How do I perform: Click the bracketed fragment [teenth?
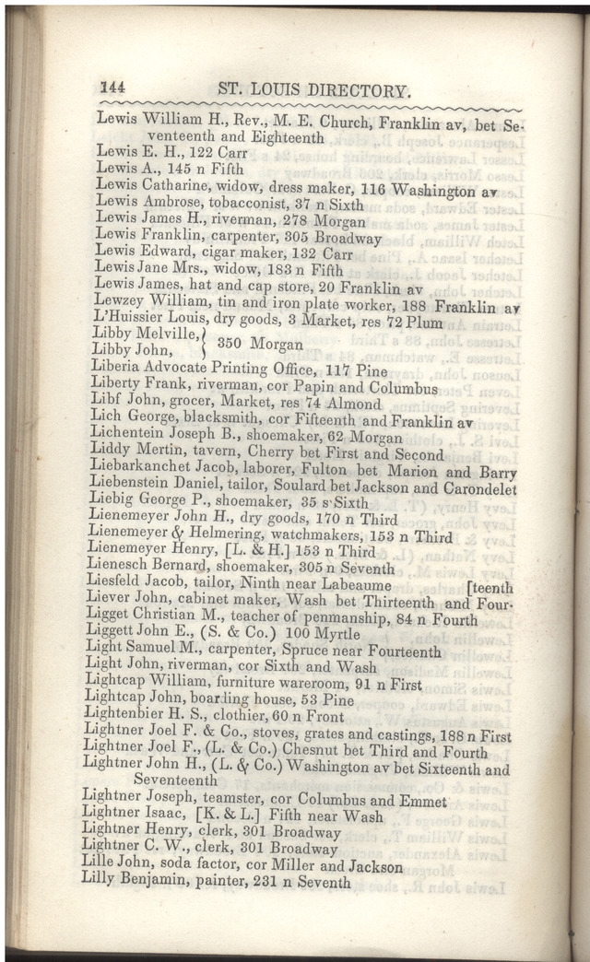(491, 586)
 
